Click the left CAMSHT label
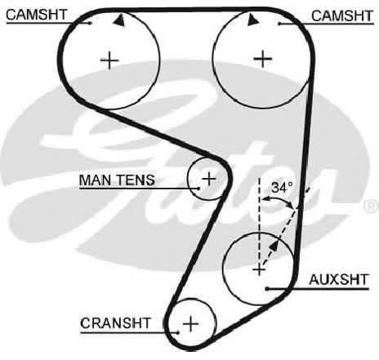tap(36, 15)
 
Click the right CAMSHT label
tap(342, 16)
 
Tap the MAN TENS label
tap(117, 180)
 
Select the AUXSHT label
tap(339, 279)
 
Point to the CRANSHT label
tap(115, 323)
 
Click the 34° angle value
tap(282, 188)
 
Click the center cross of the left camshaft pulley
tap(109, 60)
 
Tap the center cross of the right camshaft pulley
tap(263, 59)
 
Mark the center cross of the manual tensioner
tap(209, 179)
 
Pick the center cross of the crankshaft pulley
tap(190, 324)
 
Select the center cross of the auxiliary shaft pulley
tap(259, 270)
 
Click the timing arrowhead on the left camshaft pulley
tap(119, 20)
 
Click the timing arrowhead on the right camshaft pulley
tap(252, 20)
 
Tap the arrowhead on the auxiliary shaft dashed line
tap(274, 246)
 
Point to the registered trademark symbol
tap(372, 206)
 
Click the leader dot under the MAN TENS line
tap(198, 189)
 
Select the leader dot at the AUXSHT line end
tap(267, 289)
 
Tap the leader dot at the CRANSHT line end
tap(177, 332)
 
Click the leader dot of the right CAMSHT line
tap(279, 24)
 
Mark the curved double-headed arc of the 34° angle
tap(279, 200)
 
